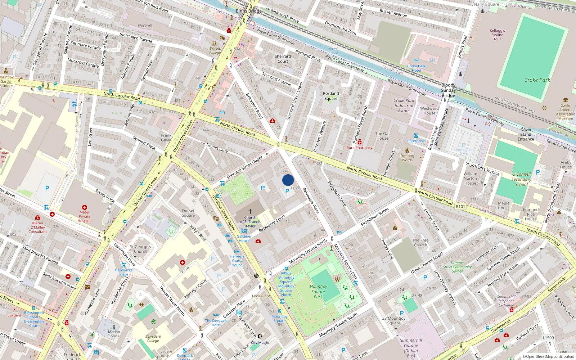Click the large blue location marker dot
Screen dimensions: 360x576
288,180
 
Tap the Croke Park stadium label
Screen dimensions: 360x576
537,80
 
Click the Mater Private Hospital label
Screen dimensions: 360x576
85,216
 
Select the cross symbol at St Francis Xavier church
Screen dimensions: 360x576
250,212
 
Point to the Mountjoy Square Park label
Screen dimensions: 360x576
318,292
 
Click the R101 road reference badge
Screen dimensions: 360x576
460,207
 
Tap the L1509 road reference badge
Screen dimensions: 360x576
548,338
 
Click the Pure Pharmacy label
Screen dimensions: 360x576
359,148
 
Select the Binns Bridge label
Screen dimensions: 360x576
249,11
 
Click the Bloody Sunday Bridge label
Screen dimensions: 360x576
448,90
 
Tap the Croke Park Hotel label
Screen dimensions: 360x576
417,68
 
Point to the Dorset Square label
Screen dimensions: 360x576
188,213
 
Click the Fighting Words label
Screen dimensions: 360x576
407,158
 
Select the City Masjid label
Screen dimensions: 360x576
260,343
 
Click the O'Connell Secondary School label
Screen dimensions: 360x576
521,179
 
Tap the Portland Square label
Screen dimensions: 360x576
331,96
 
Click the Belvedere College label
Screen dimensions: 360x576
153,338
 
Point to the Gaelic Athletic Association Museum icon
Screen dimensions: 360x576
566,100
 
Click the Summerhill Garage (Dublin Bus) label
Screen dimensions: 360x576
411,348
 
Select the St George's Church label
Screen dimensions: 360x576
140,249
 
